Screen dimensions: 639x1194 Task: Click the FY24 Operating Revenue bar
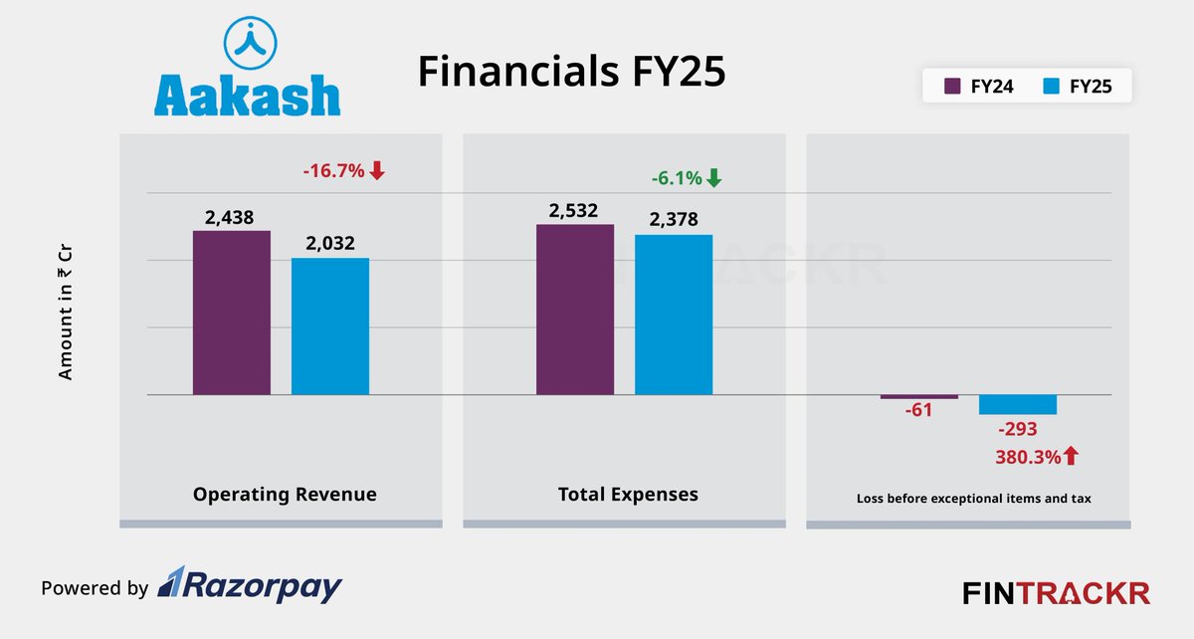pos(231,313)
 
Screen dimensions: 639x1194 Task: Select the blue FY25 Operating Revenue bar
pos(329,326)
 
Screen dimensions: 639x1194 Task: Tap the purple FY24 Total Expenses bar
pos(575,310)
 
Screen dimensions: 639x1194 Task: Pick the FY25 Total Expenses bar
pos(674,315)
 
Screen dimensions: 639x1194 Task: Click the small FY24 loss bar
pos(918,397)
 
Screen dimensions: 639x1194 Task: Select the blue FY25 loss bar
pos(1017,405)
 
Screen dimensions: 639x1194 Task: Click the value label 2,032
pos(329,242)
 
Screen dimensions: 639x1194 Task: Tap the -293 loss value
pos(1017,430)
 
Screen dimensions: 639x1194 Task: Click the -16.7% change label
pos(333,171)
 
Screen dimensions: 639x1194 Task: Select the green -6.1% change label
pos(676,179)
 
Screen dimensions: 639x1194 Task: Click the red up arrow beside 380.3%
pos(1071,457)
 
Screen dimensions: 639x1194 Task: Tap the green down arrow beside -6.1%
pos(714,179)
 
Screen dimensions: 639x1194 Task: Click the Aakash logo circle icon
pos(247,41)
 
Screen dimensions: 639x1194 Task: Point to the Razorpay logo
pos(250,586)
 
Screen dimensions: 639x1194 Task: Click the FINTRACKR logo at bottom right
pos(1056,593)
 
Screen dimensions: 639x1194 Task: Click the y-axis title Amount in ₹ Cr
pos(66,314)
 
